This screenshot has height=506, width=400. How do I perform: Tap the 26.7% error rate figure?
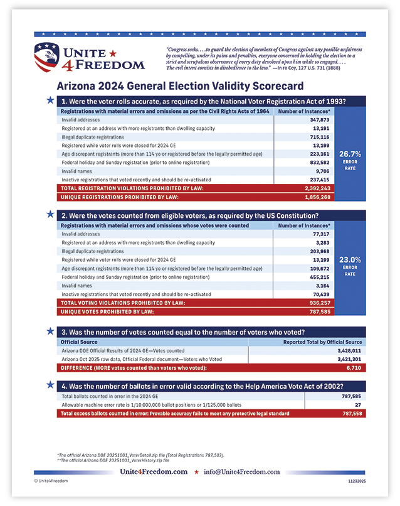(350, 153)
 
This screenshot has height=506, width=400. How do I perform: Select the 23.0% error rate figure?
(350, 259)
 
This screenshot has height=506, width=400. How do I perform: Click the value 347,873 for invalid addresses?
(320, 119)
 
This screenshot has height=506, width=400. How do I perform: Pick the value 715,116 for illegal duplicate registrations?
(320, 136)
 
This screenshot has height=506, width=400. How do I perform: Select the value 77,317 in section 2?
(322, 234)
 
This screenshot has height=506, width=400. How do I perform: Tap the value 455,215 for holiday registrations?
(320, 276)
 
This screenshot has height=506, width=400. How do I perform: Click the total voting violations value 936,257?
(319, 302)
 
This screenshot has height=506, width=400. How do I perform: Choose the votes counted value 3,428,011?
(349, 351)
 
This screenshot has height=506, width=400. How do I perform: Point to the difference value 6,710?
(354, 368)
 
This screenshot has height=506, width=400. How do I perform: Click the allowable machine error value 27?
(360, 406)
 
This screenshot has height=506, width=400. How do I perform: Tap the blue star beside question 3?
(50, 331)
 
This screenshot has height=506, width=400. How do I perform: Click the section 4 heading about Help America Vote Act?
(210, 386)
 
